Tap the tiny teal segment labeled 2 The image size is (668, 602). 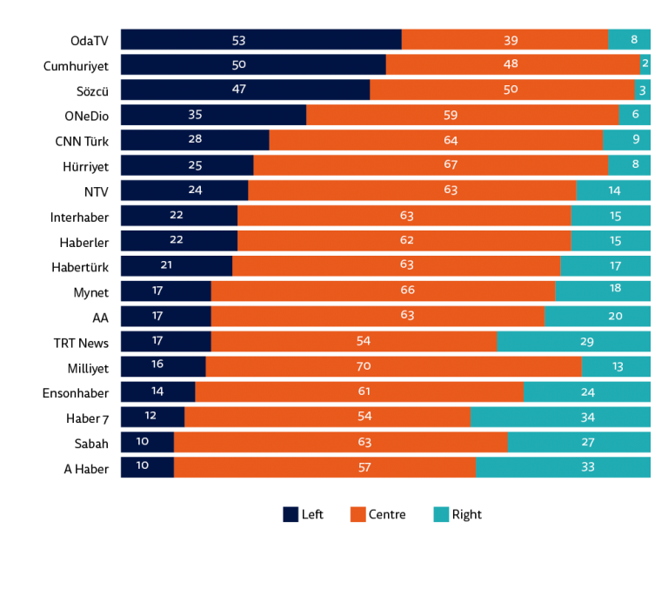click(x=645, y=64)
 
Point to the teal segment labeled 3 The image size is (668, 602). click(x=643, y=90)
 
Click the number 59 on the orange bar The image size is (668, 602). click(x=450, y=115)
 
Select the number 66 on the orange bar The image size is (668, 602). click(x=407, y=290)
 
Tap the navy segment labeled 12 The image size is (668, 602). click(x=151, y=417)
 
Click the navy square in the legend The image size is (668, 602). click(x=291, y=514)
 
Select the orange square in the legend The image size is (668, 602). click(x=357, y=514)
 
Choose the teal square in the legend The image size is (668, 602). click(x=441, y=514)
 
